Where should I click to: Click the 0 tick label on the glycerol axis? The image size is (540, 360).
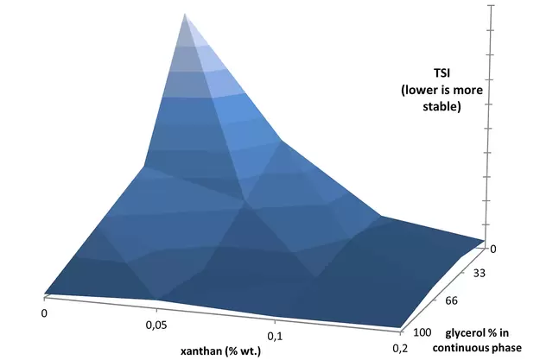click(x=492, y=248)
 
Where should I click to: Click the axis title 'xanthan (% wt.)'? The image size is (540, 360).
click(x=221, y=351)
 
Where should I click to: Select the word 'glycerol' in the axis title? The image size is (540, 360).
click(x=468, y=332)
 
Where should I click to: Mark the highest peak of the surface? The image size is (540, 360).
click(x=183, y=15)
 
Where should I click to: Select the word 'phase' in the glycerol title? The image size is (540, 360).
click(x=505, y=347)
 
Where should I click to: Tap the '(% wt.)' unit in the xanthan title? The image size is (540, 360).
click(x=244, y=351)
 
